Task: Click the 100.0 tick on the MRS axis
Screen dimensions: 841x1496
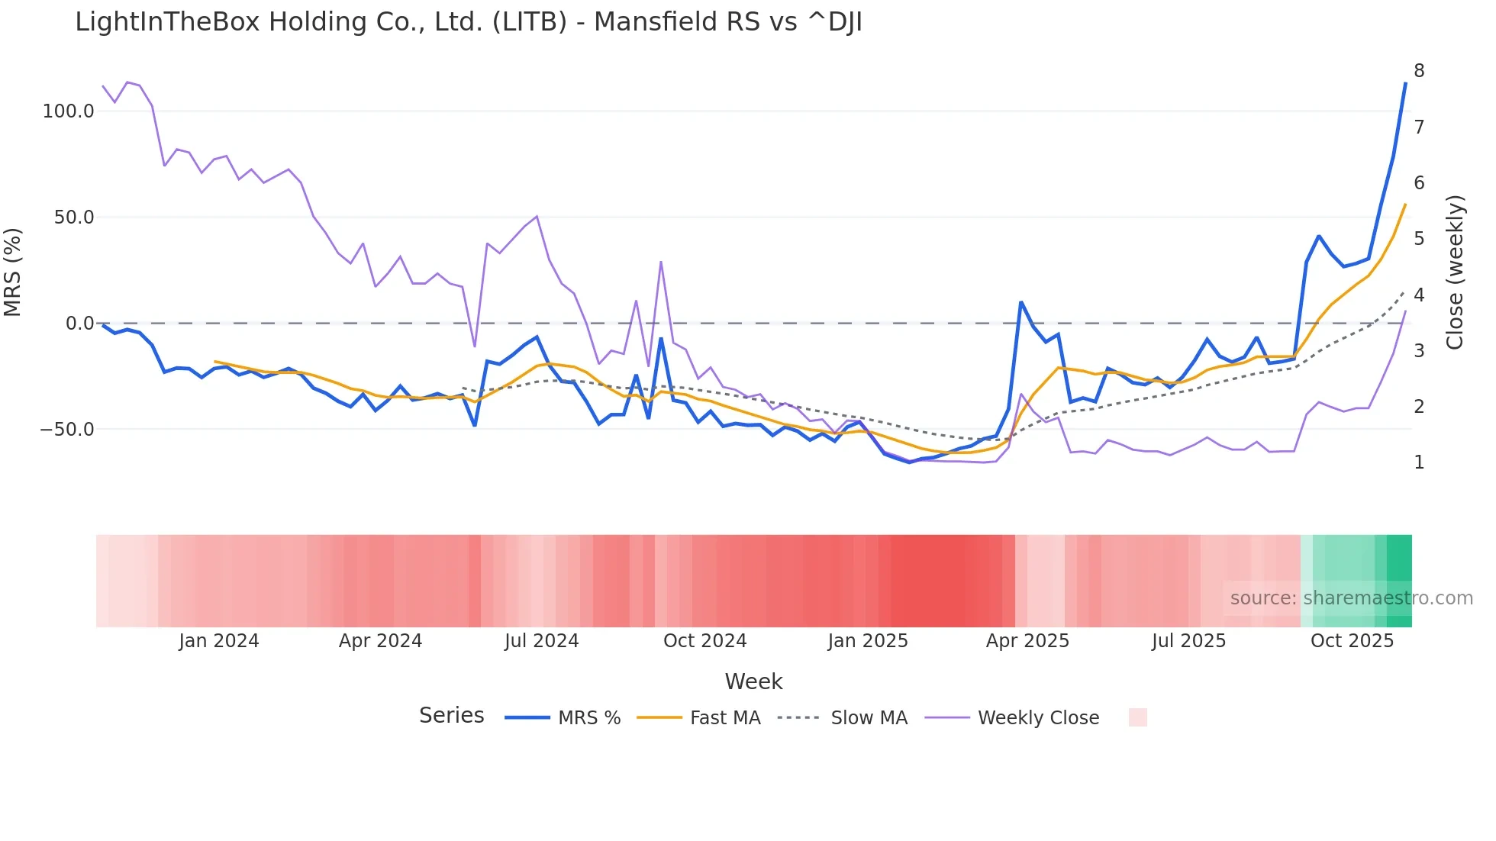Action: (68, 111)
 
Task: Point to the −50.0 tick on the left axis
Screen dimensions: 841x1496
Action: (67, 430)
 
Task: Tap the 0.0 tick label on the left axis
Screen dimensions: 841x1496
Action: (79, 324)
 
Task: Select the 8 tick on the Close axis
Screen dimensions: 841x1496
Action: (1419, 71)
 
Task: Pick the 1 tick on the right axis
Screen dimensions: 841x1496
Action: (1419, 462)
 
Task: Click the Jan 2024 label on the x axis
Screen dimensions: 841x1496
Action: (219, 641)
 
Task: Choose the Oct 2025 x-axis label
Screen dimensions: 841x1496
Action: (1352, 641)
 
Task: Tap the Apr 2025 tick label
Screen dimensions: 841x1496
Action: (1027, 641)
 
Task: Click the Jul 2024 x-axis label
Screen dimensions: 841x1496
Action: (541, 641)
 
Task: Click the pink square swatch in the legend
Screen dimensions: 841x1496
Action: (1137, 717)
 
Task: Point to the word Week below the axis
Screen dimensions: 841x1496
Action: (753, 681)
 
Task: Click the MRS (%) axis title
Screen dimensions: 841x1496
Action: (13, 272)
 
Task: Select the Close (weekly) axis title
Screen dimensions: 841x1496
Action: (1455, 272)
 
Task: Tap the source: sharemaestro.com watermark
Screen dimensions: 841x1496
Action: (1351, 598)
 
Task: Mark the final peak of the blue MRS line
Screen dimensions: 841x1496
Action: (1405, 83)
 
